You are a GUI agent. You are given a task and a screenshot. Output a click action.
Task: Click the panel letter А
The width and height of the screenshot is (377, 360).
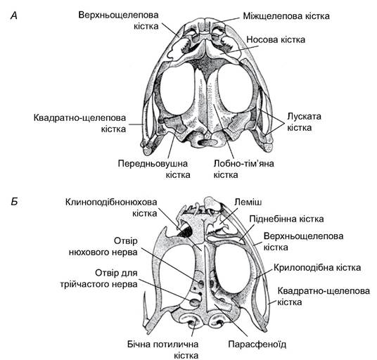click(14, 16)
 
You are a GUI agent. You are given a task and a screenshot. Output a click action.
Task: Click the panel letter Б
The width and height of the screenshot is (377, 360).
click(15, 202)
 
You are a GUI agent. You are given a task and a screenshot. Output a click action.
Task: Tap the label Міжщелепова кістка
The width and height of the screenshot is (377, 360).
click(286, 16)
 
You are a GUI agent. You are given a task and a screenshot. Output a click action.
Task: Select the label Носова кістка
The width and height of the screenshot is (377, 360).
click(276, 39)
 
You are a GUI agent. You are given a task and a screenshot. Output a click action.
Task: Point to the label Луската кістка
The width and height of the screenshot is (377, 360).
click(304, 122)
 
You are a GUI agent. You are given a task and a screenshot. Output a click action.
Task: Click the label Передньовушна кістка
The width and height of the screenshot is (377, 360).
click(154, 169)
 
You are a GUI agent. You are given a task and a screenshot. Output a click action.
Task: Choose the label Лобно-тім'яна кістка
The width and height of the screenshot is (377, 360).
click(244, 169)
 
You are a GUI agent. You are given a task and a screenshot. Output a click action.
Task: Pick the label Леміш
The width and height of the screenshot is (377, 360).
click(248, 202)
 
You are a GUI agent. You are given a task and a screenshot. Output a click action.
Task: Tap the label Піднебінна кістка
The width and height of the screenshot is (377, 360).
click(286, 219)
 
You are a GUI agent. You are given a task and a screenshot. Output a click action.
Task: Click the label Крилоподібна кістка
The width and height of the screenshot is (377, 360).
click(317, 267)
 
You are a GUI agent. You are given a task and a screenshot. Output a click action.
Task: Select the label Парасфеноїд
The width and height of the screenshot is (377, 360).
click(257, 345)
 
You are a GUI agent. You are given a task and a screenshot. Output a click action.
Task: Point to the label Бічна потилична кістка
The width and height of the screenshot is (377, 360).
click(162, 349)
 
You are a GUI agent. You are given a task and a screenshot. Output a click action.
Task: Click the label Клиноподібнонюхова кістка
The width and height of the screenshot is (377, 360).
click(111, 207)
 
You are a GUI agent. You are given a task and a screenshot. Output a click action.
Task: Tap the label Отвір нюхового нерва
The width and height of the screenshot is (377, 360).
click(103, 246)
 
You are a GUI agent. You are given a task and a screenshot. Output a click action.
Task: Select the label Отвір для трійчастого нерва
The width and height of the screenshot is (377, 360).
click(98, 278)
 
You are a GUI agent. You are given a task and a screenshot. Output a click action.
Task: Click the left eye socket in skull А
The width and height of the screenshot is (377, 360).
click(177, 89)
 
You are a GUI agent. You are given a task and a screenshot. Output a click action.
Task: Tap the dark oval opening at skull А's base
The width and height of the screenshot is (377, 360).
click(205, 143)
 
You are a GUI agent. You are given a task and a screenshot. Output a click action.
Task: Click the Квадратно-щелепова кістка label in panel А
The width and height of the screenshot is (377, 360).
click(79, 123)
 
